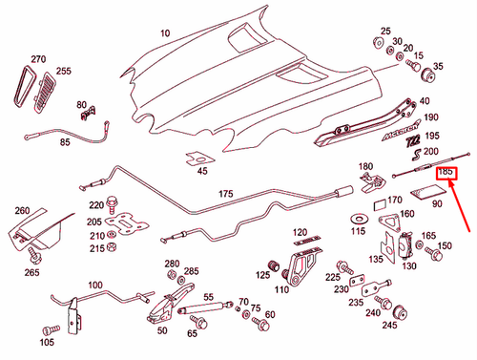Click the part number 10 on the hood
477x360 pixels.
(165, 32)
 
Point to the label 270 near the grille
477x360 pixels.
(38, 59)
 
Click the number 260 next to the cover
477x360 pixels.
(21, 210)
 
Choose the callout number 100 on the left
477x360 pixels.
(95, 285)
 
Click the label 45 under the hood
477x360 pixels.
(202, 172)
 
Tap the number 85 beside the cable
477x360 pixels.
(65, 142)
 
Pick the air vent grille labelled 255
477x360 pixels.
(43, 94)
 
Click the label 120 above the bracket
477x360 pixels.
(301, 233)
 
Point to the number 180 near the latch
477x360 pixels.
(366, 167)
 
